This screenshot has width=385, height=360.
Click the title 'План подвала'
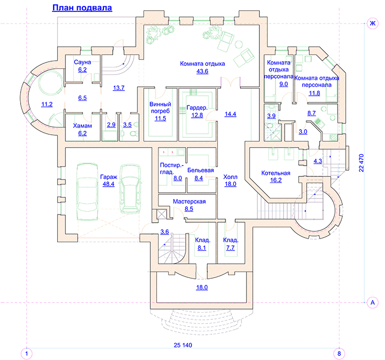coord(82,8)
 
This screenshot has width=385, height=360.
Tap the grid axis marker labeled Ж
coord(373,23)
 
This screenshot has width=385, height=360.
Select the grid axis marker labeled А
coord(373,302)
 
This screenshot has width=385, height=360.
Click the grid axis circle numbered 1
coord(27,354)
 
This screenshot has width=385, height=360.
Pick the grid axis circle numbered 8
coord(339,354)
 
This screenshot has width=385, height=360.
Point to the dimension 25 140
coord(183,345)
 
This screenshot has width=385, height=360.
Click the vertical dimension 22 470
coord(361,163)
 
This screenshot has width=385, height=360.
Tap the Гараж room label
coord(109,177)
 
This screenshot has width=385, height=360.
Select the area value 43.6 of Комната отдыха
coord(202,71)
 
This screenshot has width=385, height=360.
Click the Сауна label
coord(82,62)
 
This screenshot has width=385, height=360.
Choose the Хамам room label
coord(82,126)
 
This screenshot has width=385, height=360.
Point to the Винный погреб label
coord(161,107)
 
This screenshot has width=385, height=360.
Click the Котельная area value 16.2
coord(276,180)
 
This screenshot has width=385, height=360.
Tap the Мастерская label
coord(189,202)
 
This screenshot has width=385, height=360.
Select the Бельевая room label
coord(201,170)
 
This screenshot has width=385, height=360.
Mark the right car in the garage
coord(130,189)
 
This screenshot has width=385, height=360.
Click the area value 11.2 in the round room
coord(47,104)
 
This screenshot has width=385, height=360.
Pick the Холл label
coord(230,177)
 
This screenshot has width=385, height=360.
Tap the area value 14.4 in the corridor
coord(230,114)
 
